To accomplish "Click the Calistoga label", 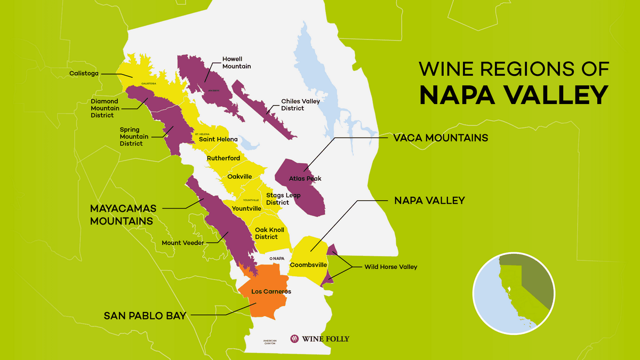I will coord(84,74).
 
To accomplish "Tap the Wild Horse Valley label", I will coord(390,267).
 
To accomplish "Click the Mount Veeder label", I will coord(183,243).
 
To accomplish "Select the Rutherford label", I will coord(223,158).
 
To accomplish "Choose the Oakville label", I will coord(239,176).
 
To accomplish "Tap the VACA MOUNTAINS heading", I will coord(441,138).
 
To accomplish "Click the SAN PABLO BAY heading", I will coord(145,316).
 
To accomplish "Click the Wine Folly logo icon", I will coord(294,338).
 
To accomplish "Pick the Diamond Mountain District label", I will coord(106,108).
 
